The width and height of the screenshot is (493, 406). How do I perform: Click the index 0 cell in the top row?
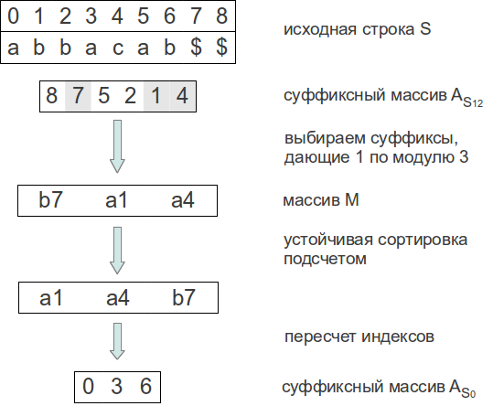[13, 16]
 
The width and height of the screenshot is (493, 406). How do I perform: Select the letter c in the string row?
[118, 48]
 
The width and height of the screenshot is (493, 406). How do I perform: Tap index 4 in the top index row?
[117, 16]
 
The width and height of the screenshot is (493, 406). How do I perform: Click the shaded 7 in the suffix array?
[78, 95]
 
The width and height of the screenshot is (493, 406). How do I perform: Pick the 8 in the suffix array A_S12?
[51, 95]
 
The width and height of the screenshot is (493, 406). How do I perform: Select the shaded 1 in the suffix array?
[155, 95]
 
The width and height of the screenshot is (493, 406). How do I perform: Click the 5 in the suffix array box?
[103, 95]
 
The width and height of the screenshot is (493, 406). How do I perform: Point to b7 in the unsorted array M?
[50, 199]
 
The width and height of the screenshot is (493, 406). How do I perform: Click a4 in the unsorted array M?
[183, 199]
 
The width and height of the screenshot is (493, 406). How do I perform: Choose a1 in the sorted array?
[51, 297]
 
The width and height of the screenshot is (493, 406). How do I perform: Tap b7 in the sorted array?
[184, 297]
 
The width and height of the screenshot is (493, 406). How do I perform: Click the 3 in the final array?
[117, 386]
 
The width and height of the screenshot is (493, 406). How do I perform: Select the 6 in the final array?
[145, 386]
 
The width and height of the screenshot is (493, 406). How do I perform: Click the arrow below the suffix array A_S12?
[117, 146]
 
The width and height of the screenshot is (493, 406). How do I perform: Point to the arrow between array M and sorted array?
[117, 251]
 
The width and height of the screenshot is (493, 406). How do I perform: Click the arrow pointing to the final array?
[117, 341]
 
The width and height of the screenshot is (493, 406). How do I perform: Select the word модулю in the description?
[423, 157]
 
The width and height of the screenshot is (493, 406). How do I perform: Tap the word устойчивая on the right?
[328, 240]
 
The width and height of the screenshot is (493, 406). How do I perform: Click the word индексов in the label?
[398, 337]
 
